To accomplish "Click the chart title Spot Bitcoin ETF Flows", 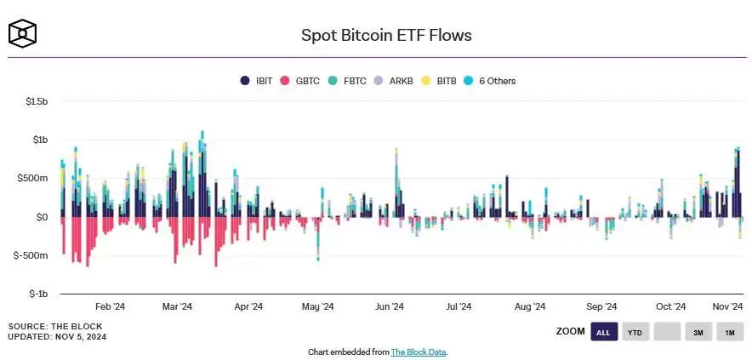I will coord(386,35).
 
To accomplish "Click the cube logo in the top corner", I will coord(23,33).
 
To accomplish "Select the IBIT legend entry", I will coord(257,81).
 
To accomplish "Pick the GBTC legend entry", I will coord(302,81).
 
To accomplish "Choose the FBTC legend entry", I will coord(349,81).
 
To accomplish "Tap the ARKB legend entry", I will coord(396,81).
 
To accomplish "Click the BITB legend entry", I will coord(442,81).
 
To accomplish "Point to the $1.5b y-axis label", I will coord(37,101).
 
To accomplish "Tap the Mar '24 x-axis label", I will coord(177,306).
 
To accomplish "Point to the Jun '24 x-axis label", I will coord(389,306).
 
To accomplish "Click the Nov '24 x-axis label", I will coord(728,306).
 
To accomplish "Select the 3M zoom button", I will coord(698,332).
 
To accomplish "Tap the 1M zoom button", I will coord(729,332).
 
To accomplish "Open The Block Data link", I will coord(419,351).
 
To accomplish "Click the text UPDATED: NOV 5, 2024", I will coord(58,337).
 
